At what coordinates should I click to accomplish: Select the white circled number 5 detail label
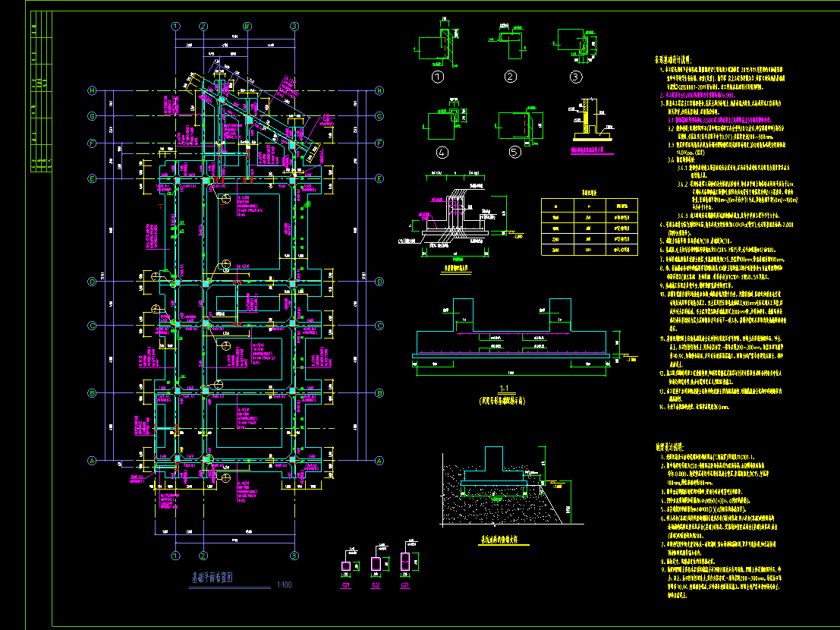click(x=514, y=151)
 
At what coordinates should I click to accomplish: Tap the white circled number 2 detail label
click(x=511, y=76)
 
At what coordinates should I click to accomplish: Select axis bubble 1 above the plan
click(x=176, y=26)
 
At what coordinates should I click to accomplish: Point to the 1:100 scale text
click(x=285, y=584)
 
